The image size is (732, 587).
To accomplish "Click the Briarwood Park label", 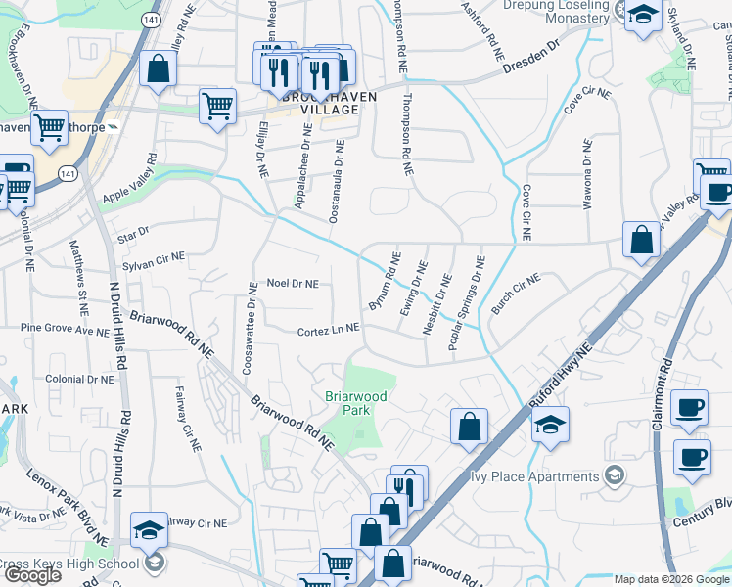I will pyautogui.click(x=357, y=403).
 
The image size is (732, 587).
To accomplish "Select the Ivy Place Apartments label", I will pyautogui.click(x=534, y=477).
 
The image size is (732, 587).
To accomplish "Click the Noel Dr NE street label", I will pyautogui.click(x=293, y=284).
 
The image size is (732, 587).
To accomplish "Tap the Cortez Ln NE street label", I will pyautogui.click(x=329, y=333).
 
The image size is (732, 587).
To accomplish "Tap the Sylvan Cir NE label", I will pyautogui.click(x=154, y=260).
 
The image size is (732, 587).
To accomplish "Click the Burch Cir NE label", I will pyautogui.click(x=516, y=293).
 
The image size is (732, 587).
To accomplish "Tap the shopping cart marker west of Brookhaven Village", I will pyautogui.click(x=217, y=105).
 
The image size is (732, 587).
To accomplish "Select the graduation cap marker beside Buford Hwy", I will pyautogui.click(x=551, y=425).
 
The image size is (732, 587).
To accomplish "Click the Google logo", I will pyautogui.click(x=32, y=575).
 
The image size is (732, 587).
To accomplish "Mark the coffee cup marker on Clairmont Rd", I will pyautogui.click(x=691, y=406).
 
